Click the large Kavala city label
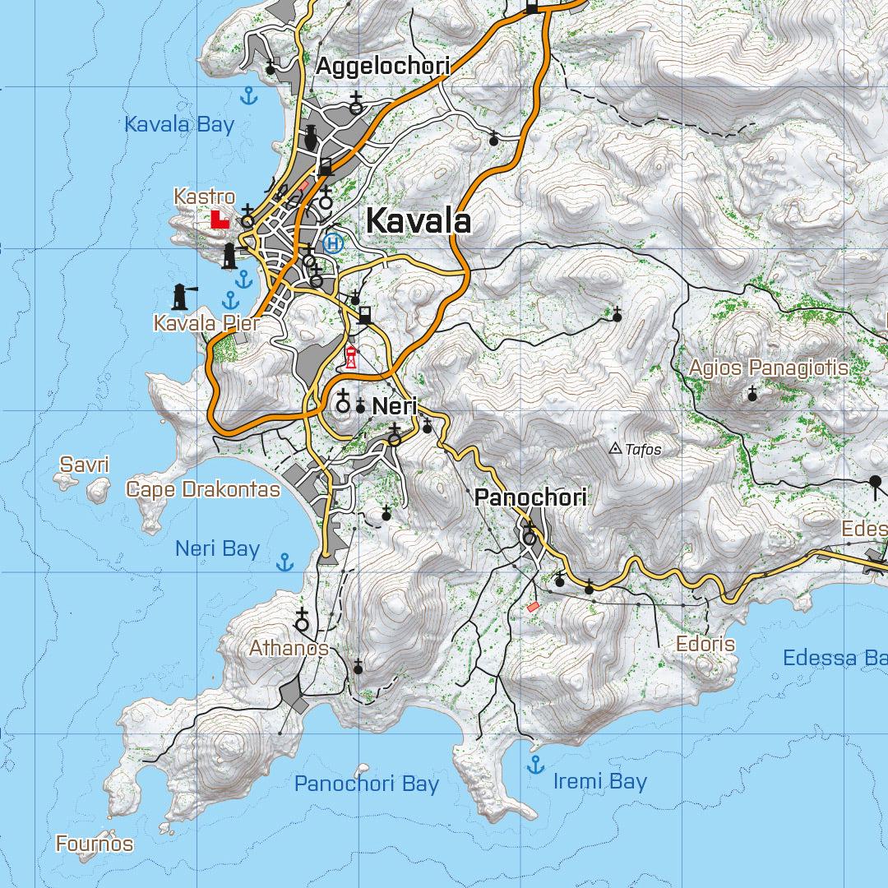click(x=418, y=221)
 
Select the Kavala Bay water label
click(x=179, y=125)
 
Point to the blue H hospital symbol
click(x=333, y=243)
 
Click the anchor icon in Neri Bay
click(x=284, y=562)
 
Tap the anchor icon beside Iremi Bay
click(x=535, y=765)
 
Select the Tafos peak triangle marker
click(x=615, y=449)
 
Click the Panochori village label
click(x=530, y=497)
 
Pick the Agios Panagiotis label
click(x=768, y=368)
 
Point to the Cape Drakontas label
click(x=202, y=490)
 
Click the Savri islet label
click(x=84, y=465)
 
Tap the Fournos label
click(x=95, y=844)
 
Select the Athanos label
click(x=289, y=649)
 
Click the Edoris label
click(x=705, y=644)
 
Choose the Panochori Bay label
click(x=367, y=784)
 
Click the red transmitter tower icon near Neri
click(x=351, y=357)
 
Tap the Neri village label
click(x=395, y=406)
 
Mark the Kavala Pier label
click(x=206, y=323)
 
